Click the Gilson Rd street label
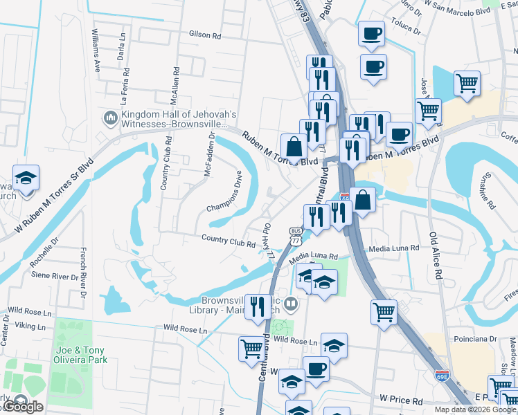pos(204,34)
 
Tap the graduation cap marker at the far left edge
pos(26,179)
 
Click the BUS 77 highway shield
pos(296,237)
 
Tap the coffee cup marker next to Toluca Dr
pos(371,34)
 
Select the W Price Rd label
pos(402,400)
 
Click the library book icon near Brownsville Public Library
pos(292,303)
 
